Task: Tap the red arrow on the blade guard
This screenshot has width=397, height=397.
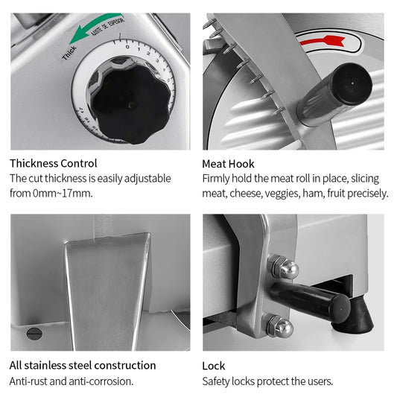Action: [322, 41]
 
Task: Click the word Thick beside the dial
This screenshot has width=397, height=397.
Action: [69, 53]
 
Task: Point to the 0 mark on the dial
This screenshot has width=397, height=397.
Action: [127, 47]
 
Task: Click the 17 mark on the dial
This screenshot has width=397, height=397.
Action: [80, 110]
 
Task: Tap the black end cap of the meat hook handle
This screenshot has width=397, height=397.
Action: [352, 83]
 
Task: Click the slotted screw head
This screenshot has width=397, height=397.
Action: [34, 334]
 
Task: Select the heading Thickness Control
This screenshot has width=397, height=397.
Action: [54, 163]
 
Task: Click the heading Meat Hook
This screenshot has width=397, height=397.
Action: [228, 164]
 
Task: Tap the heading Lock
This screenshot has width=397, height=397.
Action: [214, 366]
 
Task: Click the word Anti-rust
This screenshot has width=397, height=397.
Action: [28, 381]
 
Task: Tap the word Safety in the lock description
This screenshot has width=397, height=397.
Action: [216, 381]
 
